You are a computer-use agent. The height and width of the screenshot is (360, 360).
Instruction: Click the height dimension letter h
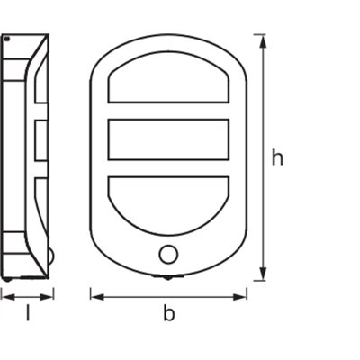278,158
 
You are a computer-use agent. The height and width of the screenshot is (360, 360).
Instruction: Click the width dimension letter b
168,313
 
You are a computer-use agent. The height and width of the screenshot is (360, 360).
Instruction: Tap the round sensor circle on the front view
168,254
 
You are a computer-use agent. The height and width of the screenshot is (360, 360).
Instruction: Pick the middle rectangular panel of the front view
168,139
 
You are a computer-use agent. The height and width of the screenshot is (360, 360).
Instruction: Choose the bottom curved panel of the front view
168,202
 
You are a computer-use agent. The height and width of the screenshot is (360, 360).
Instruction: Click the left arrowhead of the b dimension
94,293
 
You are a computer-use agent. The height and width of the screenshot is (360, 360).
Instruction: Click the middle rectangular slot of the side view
40,139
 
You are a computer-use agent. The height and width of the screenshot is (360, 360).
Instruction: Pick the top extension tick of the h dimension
259,34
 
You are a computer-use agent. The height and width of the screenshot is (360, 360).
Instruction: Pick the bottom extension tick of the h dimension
259,280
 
